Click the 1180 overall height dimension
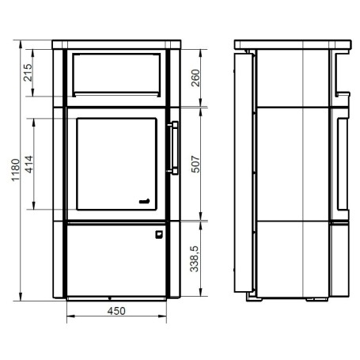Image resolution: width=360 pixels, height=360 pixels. (16, 170)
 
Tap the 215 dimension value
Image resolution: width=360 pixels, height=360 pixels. (28, 72)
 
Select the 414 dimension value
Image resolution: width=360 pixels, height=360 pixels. (29, 164)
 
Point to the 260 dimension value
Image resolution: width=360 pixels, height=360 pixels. (195, 78)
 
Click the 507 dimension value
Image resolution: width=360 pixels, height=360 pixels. (195, 164)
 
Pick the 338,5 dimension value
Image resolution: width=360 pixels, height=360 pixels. (195, 259)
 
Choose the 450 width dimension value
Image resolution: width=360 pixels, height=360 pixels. (116, 311)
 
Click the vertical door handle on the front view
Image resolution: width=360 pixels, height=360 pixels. (174, 148)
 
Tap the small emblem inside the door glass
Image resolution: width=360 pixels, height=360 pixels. (145, 202)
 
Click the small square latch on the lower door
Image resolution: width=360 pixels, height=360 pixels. (159, 234)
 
